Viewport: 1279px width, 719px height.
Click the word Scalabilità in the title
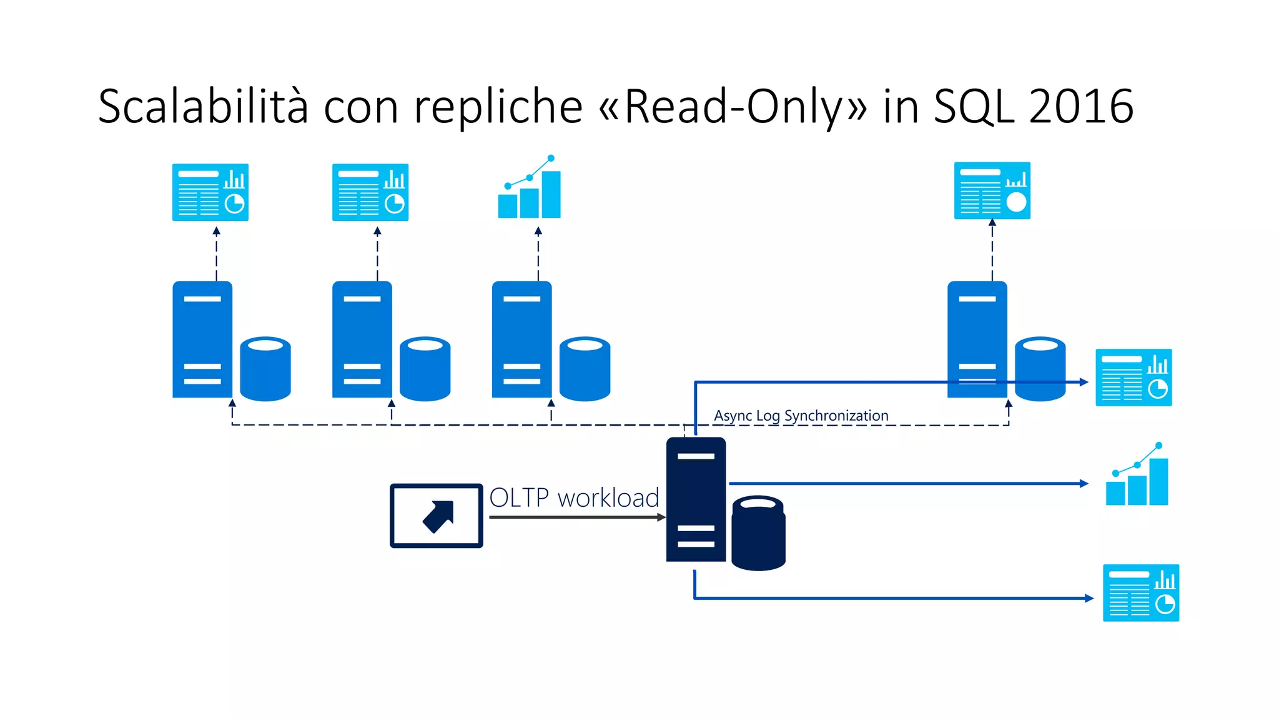click(x=203, y=106)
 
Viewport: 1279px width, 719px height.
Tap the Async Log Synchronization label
click(x=801, y=416)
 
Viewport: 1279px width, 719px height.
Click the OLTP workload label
click(x=574, y=498)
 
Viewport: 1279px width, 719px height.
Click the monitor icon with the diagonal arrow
click(x=437, y=516)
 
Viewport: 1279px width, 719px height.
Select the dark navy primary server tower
click(x=696, y=499)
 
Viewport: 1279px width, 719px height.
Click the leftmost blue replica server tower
click(x=202, y=340)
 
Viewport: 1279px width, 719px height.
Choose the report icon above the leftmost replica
click(x=210, y=192)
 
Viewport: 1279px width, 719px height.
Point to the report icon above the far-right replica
click(x=992, y=190)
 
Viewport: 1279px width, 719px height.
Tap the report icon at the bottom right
click(x=1140, y=593)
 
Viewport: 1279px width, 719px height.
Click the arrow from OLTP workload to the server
click(x=575, y=517)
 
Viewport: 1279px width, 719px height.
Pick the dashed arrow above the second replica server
click(x=377, y=255)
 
